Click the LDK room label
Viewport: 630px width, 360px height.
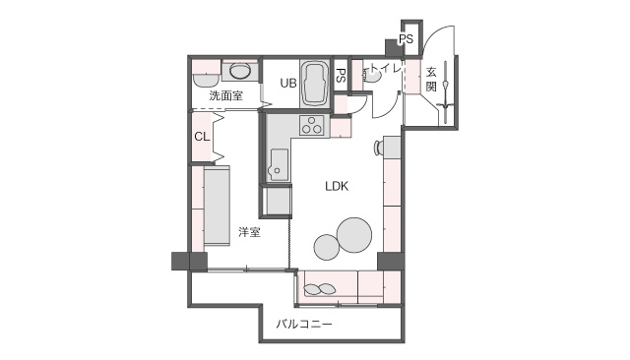click(337, 186)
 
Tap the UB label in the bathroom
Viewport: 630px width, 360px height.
click(288, 83)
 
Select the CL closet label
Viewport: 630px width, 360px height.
click(202, 137)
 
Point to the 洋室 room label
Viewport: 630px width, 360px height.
click(249, 232)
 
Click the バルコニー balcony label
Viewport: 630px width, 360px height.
click(304, 324)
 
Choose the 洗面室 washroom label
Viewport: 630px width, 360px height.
click(225, 95)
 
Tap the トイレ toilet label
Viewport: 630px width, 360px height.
click(386, 68)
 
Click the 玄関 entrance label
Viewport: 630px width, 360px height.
click(431, 80)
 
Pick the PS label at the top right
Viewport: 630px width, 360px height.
click(406, 39)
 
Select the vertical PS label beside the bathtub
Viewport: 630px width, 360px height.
click(341, 76)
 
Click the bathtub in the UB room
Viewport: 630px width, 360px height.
click(315, 84)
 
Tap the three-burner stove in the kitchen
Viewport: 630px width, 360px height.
click(311, 125)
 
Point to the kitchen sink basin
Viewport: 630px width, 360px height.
click(278, 165)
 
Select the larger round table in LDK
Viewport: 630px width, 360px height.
click(354, 235)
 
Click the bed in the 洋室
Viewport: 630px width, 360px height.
click(217, 207)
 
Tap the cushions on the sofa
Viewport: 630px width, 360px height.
click(320, 289)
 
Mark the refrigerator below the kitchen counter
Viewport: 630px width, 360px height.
click(277, 201)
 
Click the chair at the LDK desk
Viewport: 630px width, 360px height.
click(379, 149)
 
